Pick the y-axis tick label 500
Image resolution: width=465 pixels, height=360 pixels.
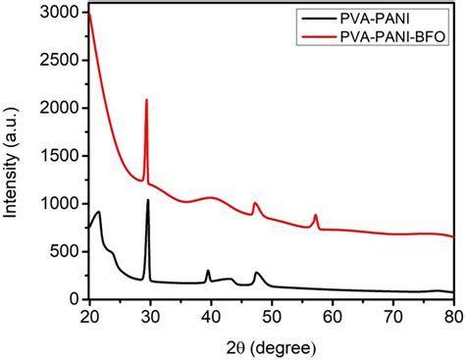click(x=66, y=251)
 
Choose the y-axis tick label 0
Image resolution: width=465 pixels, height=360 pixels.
click(x=76, y=298)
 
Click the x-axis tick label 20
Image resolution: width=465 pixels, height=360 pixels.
click(x=88, y=315)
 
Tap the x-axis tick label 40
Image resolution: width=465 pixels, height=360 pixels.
click(x=210, y=315)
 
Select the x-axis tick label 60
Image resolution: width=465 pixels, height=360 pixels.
click(x=332, y=315)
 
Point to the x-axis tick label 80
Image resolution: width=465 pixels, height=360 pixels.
click(x=452, y=315)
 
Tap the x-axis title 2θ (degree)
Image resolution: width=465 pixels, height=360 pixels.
click(x=271, y=342)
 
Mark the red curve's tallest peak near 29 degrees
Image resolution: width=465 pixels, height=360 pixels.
click(x=146, y=100)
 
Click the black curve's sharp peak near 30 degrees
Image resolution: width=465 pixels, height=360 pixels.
click(x=148, y=200)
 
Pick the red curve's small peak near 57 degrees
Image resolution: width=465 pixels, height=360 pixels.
click(x=315, y=215)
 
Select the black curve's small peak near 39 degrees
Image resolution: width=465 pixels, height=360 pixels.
click(x=208, y=271)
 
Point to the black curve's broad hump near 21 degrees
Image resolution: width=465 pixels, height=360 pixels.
click(x=98, y=212)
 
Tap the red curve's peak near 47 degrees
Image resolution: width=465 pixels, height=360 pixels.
click(x=254, y=203)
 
